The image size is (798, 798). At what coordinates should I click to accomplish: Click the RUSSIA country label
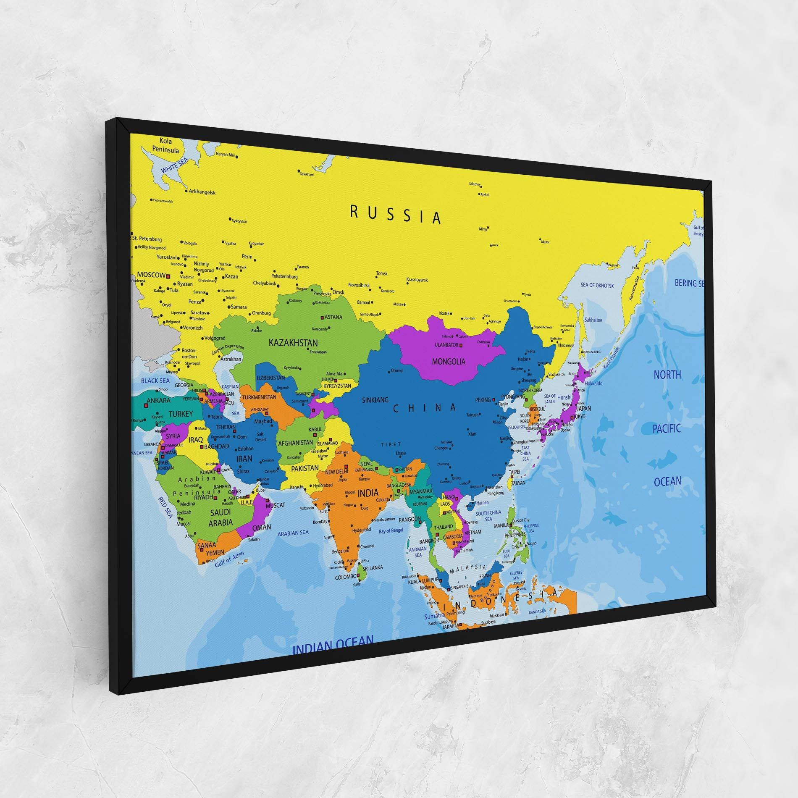tap(396, 215)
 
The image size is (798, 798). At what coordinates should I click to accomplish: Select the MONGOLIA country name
tap(449, 361)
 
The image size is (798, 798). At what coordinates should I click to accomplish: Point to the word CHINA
tap(424, 408)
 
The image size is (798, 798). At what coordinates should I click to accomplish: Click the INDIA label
tap(367, 493)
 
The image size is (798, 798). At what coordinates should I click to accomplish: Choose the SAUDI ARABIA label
tap(220, 517)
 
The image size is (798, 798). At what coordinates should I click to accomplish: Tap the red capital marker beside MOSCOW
tap(168, 276)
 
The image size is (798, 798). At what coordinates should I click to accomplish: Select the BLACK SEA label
tap(155, 381)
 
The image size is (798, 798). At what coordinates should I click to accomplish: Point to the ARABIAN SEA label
tap(293, 533)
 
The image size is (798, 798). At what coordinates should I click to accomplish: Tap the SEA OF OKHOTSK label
tap(597, 286)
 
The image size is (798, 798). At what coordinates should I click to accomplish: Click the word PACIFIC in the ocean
tap(667, 429)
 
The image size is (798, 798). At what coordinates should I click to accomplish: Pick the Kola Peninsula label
tap(165, 145)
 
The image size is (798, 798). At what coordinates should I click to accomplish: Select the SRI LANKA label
tap(373, 567)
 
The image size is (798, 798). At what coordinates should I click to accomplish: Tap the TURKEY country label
tap(181, 414)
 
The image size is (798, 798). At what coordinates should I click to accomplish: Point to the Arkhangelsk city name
tap(202, 192)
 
